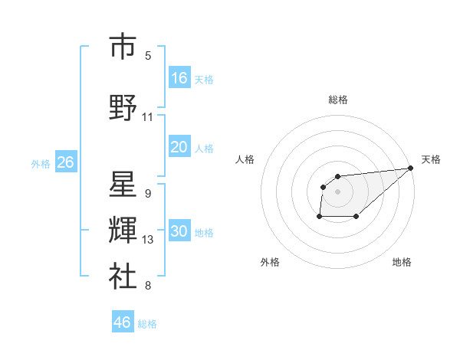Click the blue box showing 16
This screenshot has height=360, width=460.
coord(179,78)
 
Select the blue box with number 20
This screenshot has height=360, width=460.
coord(179,147)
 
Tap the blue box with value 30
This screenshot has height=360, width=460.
coord(179,232)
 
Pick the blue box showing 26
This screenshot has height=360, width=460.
coord(65,162)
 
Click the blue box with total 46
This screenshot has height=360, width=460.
coord(123,322)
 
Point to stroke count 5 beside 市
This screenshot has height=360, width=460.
coord(148,55)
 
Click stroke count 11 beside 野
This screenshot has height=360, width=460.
coord(148,117)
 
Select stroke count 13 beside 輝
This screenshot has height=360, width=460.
coord(148,240)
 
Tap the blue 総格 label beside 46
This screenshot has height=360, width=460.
coord(147,324)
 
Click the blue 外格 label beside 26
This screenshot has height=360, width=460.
coord(41,164)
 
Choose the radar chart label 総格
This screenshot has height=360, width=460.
coord(338,100)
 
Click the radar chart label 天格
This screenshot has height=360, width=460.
coord(431,159)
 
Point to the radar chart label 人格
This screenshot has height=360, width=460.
coord(245,159)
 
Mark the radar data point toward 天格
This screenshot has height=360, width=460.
coord(410,169)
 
